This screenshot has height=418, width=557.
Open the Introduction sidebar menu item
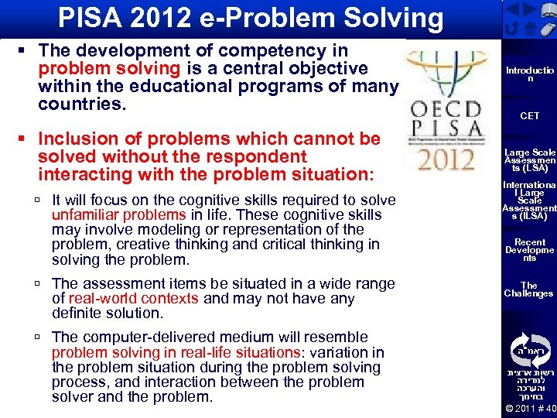point(530,74)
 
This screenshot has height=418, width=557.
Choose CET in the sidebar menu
point(530,116)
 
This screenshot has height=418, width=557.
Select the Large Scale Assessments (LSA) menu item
point(530,160)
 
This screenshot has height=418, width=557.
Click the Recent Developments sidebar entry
point(530,249)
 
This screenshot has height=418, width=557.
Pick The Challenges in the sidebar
point(530,290)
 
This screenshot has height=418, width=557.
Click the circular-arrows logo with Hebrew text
point(530,349)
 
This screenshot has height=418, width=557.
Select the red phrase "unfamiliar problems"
point(118,214)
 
